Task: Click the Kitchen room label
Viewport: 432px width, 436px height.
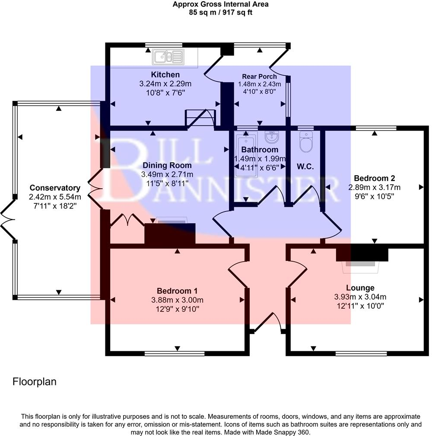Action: click(x=165, y=75)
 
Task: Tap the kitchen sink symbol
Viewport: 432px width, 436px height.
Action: click(x=169, y=56)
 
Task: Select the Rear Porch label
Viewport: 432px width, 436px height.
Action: click(x=259, y=77)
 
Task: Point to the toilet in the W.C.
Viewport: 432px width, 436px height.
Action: click(x=306, y=142)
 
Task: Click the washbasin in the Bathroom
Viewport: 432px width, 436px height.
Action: click(x=272, y=138)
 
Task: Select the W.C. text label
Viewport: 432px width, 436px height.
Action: click(x=305, y=167)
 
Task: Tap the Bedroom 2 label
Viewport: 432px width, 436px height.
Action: click(x=374, y=178)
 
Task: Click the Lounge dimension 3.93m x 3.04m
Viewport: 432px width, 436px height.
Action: click(x=360, y=297)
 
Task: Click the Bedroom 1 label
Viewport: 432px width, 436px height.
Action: click(x=177, y=291)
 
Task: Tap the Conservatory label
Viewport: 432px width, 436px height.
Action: click(x=55, y=188)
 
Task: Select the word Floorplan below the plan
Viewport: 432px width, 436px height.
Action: click(x=35, y=382)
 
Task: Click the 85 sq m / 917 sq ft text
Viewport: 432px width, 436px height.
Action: click(x=220, y=12)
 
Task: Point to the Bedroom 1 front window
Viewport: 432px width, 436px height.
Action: click(x=175, y=353)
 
